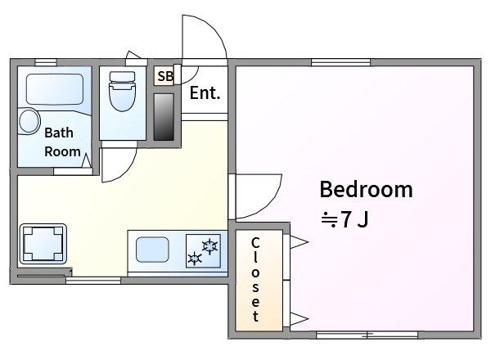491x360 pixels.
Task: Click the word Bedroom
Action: pyautogui.click(x=366, y=189)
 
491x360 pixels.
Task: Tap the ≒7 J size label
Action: pyautogui.click(x=345, y=219)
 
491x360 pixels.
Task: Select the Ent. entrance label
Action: pyautogui.click(x=205, y=93)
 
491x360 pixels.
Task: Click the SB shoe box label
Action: pyautogui.click(x=165, y=76)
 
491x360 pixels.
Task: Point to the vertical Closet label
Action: pyautogui.click(x=255, y=279)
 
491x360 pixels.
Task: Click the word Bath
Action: pyautogui.click(x=59, y=133)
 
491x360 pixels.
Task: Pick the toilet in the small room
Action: pyautogui.click(x=123, y=91)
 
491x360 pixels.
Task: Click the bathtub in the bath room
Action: pyautogui.click(x=55, y=89)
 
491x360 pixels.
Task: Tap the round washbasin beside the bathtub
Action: pyautogui.click(x=29, y=121)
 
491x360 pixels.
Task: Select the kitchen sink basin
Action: pyautogui.click(x=152, y=250)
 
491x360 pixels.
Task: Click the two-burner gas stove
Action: pyautogui.click(x=203, y=251)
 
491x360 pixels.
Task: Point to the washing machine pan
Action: pyautogui.click(x=43, y=244)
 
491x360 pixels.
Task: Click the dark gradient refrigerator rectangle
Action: pyautogui.click(x=164, y=117)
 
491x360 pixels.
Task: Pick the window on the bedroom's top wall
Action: pyautogui.click(x=340, y=62)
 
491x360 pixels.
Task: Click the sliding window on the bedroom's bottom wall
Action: pyautogui.click(x=367, y=335)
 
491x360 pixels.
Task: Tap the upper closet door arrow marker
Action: pyautogui.click(x=299, y=242)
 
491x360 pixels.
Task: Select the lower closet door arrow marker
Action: pyautogui.click(x=299, y=319)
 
